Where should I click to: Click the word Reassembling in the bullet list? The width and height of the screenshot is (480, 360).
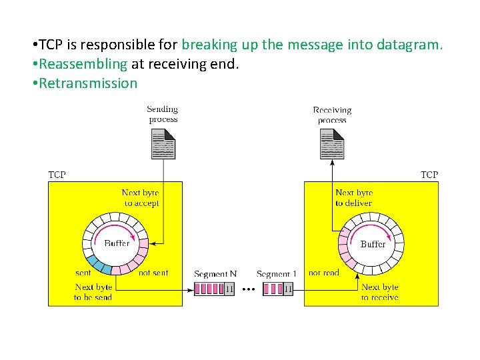(x=83, y=64)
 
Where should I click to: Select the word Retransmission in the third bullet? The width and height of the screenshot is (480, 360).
(x=88, y=83)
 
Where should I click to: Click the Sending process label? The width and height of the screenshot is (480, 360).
(x=163, y=114)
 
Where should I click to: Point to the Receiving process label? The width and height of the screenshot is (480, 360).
(x=332, y=115)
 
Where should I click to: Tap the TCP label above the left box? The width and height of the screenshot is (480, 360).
(x=57, y=175)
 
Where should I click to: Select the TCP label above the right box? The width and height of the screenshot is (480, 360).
(x=429, y=175)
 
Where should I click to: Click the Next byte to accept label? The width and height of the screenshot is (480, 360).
(x=141, y=198)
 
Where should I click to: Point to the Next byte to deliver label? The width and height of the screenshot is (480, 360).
(x=354, y=198)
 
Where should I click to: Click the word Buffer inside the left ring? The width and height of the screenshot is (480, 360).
(x=117, y=243)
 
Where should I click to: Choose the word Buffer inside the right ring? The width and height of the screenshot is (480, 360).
(x=373, y=244)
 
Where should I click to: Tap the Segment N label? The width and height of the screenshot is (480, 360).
(x=215, y=274)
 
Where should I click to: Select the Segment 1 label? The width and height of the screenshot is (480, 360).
(x=277, y=274)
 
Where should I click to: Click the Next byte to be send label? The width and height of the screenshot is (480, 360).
(x=93, y=292)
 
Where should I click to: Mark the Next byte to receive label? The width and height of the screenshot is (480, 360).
(x=379, y=292)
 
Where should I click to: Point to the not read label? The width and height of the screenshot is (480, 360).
(x=324, y=273)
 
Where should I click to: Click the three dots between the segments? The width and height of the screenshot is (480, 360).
(x=247, y=289)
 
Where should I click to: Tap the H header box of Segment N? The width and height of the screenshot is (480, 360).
(x=229, y=289)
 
